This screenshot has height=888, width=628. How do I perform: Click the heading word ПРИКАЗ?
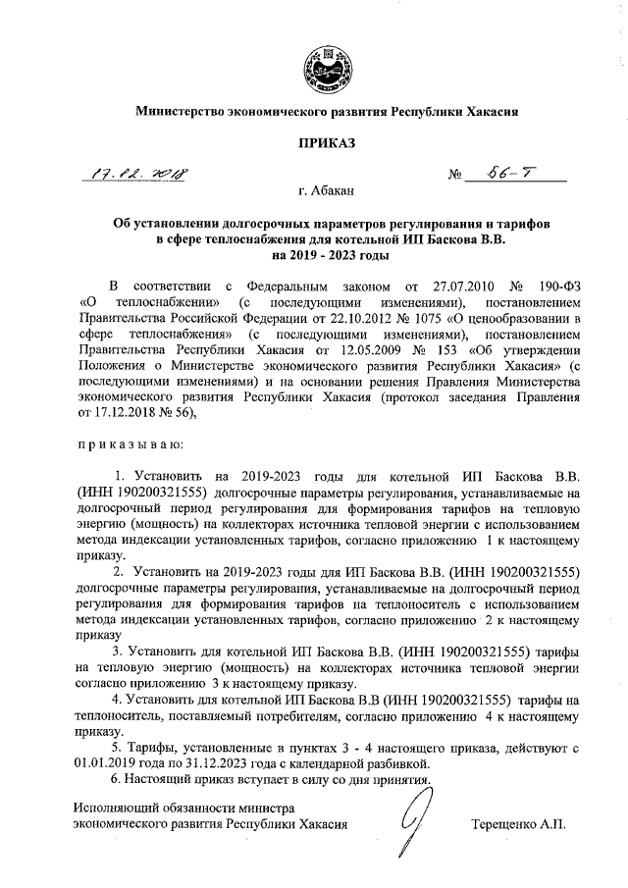pos(313,143)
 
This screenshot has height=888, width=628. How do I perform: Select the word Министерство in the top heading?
pos(181,112)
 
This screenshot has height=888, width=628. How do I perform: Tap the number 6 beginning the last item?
pos(116,779)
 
